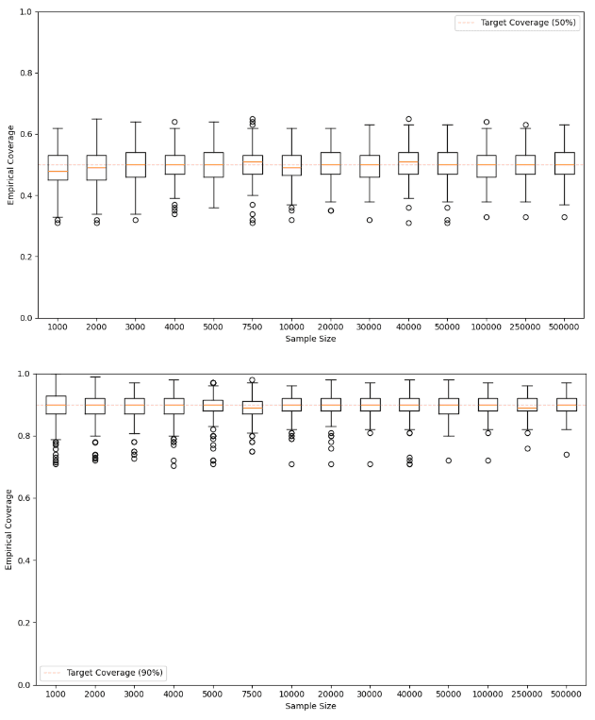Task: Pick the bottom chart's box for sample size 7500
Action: (x=252, y=408)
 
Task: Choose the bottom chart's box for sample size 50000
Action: (x=448, y=406)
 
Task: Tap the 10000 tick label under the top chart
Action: (x=291, y=329)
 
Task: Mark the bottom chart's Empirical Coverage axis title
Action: (x=8, y=528)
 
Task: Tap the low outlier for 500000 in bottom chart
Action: (x=565, y=455)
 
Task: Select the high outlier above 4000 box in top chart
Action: (x=174, y=122)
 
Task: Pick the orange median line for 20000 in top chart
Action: (x=330, y=165)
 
